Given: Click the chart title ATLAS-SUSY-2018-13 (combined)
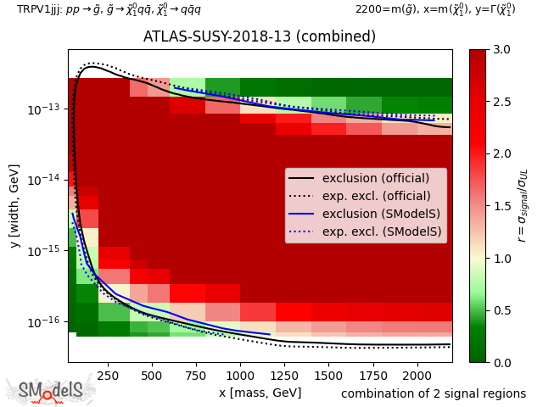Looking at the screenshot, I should pos(260,37).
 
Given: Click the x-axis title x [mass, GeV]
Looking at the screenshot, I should pos(260,393).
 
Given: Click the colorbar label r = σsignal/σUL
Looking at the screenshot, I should pos(523,205).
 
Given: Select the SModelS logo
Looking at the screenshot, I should pos(51,391).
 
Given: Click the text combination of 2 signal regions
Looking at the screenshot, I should pos(434,393).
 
